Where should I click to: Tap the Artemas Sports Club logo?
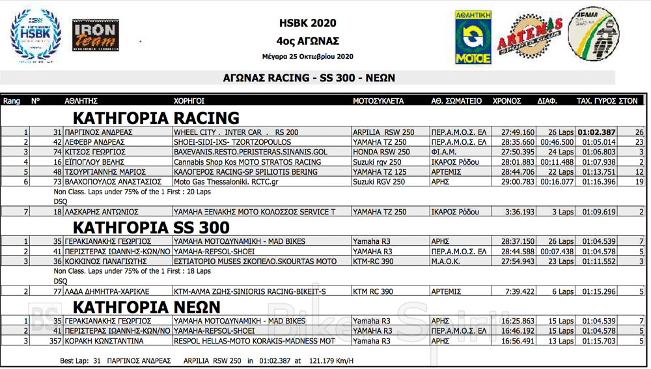(529, 37)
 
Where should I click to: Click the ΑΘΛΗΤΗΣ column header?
(81, 101)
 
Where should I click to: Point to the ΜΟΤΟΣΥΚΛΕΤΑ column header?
(378, 101)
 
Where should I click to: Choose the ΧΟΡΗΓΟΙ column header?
(189, 101)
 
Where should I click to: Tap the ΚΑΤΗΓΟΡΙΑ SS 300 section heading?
(150, 228)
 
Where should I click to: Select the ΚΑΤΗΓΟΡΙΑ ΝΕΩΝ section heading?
(146, 307)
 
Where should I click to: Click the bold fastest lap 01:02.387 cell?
(596, 132)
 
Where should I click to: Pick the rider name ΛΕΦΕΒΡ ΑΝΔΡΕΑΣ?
(93, 142)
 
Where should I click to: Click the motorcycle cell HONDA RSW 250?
(381, 152)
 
